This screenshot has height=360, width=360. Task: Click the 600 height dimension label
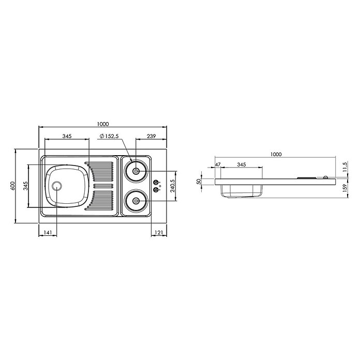(12, 186)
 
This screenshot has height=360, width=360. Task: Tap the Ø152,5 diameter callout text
(109, 136)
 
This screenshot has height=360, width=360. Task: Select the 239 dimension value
(152, 136)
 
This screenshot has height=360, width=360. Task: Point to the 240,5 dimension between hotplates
(173, 186)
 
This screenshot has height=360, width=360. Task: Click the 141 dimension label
(48, 233)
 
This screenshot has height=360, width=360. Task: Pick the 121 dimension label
(159, 233)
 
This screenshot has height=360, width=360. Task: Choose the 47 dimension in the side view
(218, 164)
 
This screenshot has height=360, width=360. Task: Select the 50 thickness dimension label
(199, 182)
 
